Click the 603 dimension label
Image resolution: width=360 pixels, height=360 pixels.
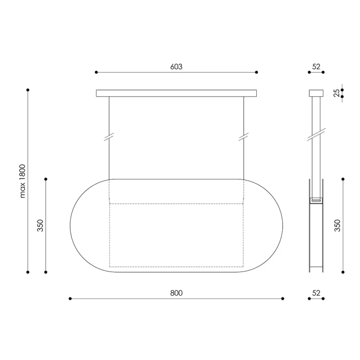click(x=176, y=67)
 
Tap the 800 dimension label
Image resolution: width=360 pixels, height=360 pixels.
click(x=176, y=293)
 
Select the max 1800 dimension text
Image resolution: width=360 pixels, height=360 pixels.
click(x=23, y=181)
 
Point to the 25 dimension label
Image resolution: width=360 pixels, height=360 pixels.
click(x=336, y=93)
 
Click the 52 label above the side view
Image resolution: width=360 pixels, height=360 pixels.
click(x=316, y=67)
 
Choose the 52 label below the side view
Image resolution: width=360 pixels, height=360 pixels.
click(x=316, y=293)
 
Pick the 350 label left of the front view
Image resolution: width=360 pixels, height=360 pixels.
click(x=40, y=226)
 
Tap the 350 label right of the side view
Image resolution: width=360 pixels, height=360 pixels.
click(x=337, y=226)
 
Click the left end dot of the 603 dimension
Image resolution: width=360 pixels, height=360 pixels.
click(x=96, y=72)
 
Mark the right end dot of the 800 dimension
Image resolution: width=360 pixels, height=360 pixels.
click(x=283, y=299)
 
